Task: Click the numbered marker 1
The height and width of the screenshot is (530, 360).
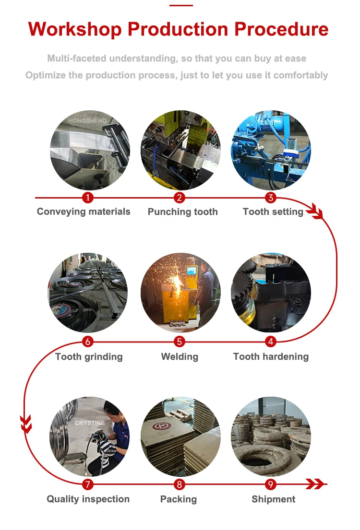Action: (x=87, y=198)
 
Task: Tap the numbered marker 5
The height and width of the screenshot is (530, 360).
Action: (x=180, y=342)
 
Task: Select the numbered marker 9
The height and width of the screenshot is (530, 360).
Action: (x=271, y=484)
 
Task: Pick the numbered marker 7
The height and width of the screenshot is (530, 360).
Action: (x=87, y=484)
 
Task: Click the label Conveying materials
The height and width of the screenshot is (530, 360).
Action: (x=84, y=212)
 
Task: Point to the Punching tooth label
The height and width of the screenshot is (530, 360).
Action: (x=182, y=212)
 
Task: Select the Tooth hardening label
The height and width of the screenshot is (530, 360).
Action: (x=271, y=356)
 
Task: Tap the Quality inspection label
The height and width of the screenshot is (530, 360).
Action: (x=88, y=499)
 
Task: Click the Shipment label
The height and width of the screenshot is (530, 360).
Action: (x=274, y=499)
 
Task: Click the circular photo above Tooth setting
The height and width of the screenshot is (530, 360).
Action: (x=271, y=150)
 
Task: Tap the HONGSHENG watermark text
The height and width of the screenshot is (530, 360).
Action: (x=87, y=121)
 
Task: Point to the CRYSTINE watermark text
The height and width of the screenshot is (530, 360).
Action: (x=89, y=423)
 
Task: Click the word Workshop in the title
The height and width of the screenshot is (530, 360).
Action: (x=75, y=29)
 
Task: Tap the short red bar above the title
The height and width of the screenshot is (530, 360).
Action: (x=181, y=6)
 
